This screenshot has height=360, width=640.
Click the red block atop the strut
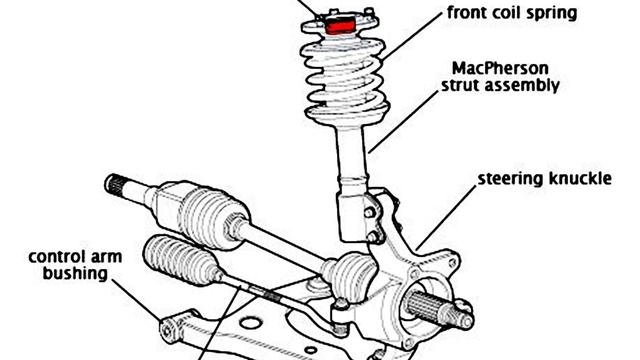(x=340, y=25)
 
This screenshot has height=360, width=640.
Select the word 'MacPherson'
(x=500, y=68)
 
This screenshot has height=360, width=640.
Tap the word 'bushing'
(x=75, y=273)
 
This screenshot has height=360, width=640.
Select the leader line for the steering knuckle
(x=446, y=218)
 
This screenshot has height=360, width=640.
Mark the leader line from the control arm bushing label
(x=137, y=300)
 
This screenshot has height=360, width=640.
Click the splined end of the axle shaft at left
(x=116, y=184)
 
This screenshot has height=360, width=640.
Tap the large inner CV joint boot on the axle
(x=212, y=217)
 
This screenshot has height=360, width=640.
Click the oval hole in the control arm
(x=251, y=324)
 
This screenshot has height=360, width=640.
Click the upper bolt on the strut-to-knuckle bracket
(x=370, y=213)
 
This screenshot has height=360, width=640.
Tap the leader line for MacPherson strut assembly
(x=403, y=122)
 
